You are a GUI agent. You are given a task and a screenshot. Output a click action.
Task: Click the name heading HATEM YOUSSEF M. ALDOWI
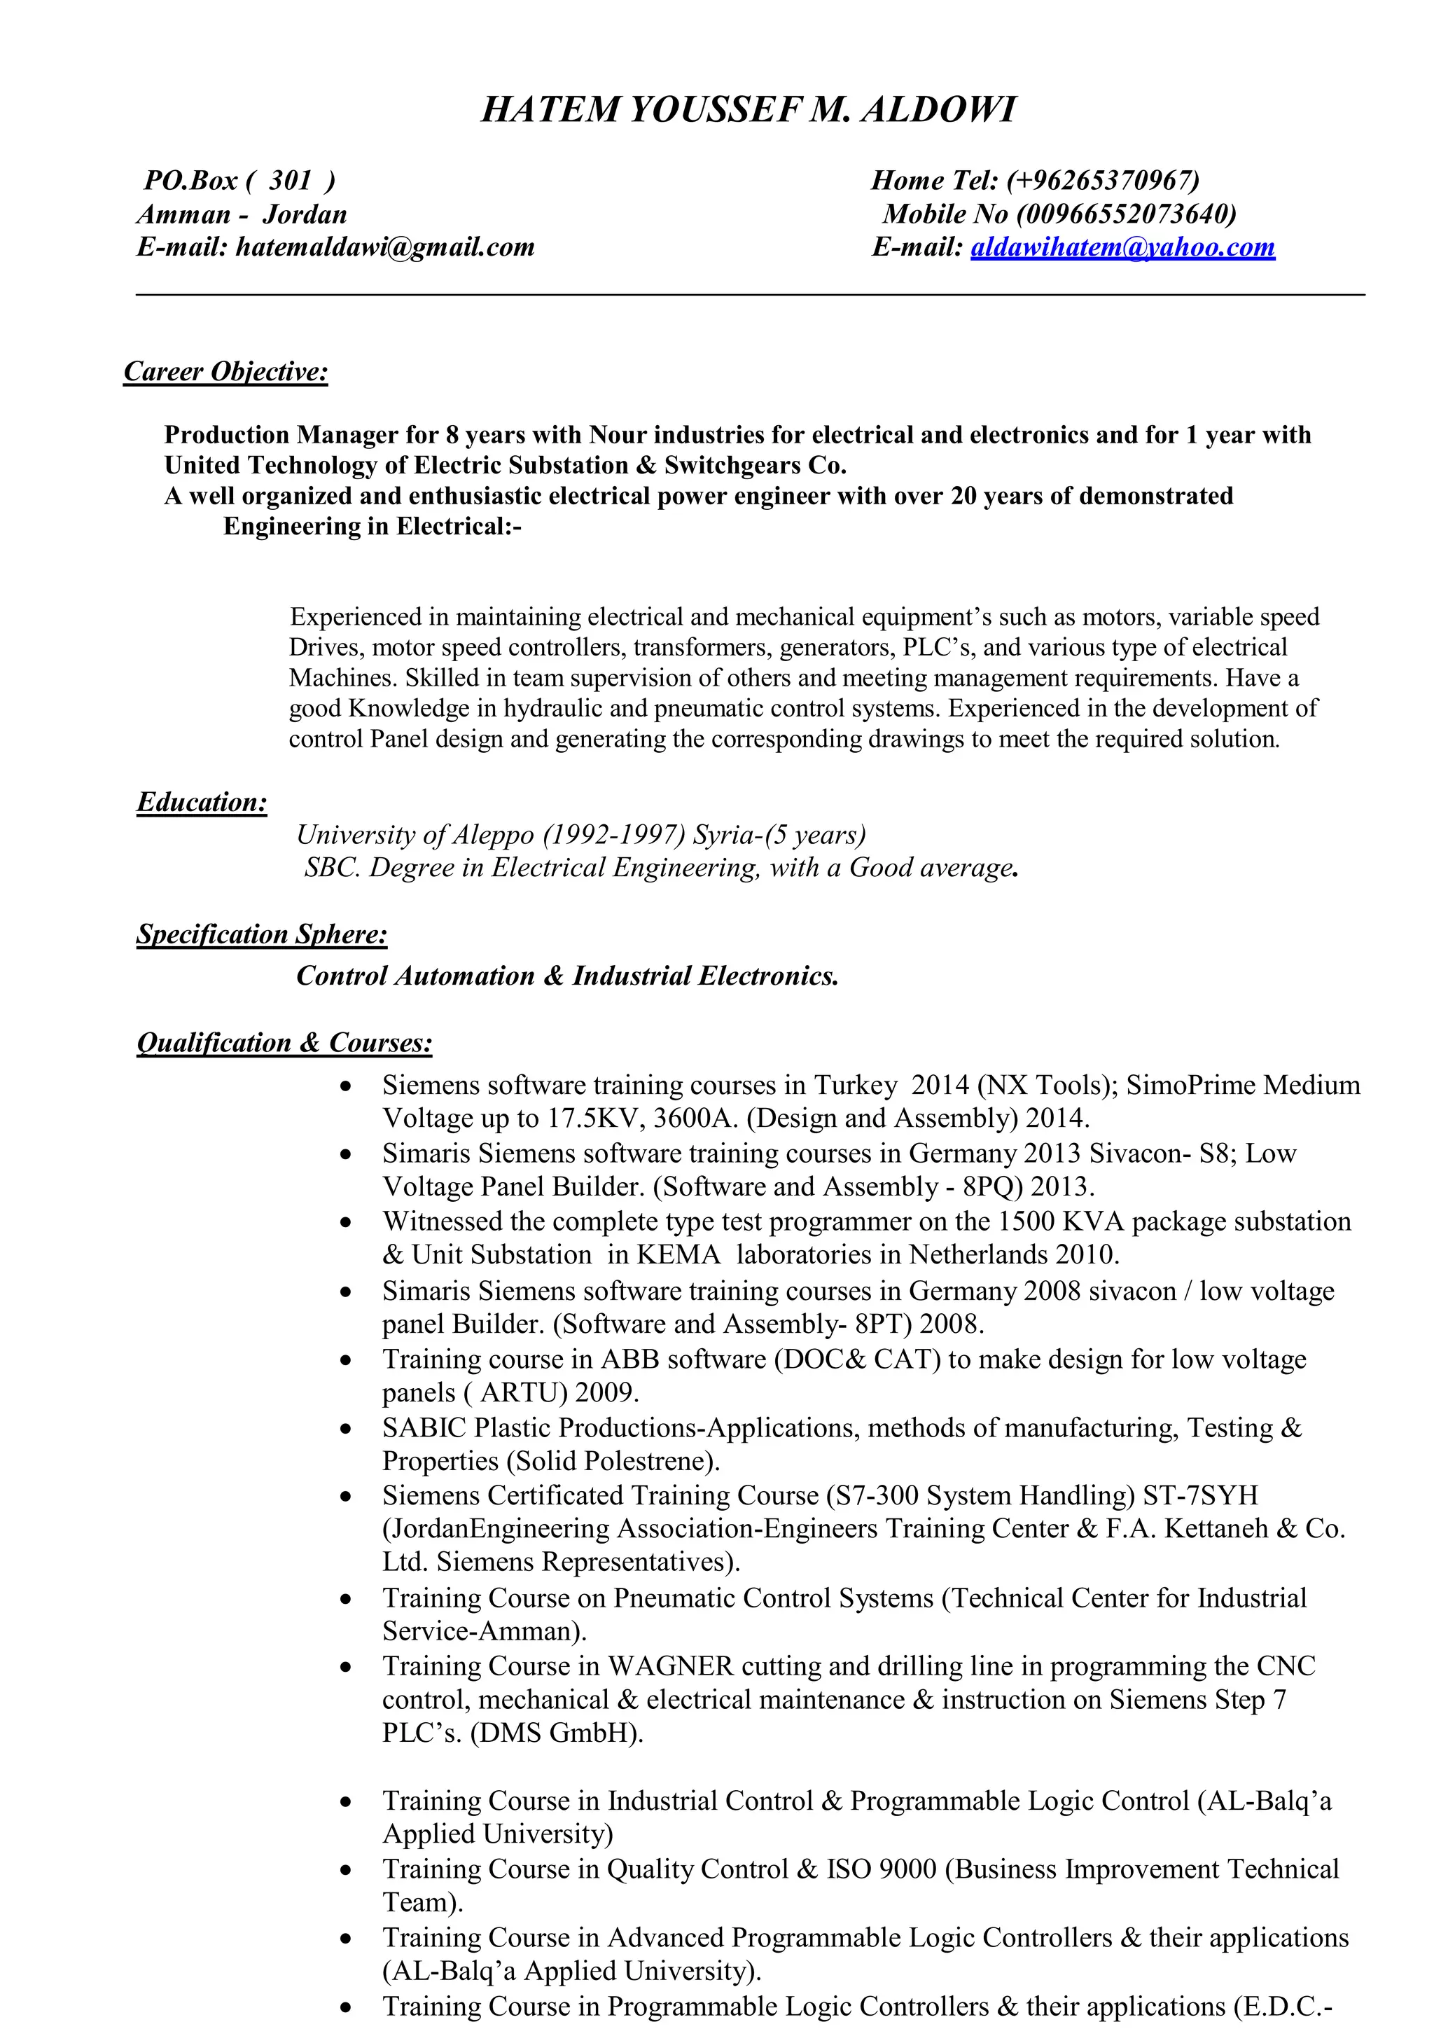(749, 109)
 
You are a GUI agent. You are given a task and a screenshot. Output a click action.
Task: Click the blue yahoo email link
(1122, 247)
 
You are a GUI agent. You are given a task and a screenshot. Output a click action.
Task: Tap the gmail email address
(385, 247)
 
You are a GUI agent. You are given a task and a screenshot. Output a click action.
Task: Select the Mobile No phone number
(1127, 214)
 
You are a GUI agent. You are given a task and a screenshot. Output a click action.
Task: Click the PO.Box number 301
(291, 180)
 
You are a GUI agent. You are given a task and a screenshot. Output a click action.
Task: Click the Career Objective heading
(226, 371)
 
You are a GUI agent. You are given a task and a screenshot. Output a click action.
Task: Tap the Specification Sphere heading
(262, 934)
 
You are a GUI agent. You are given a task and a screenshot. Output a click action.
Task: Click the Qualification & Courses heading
(284, 1043)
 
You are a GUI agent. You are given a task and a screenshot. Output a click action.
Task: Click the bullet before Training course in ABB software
(347, 1361)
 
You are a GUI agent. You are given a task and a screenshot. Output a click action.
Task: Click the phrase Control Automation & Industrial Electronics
(567, 976)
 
